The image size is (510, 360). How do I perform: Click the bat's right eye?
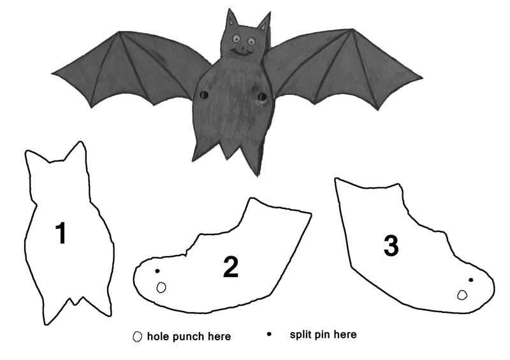251,41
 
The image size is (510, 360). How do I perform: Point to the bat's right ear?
265,22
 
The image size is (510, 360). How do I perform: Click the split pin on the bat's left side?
203,95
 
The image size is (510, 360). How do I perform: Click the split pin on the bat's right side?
262,97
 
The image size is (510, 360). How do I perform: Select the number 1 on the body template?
61,233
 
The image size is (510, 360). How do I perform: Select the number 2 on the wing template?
231,267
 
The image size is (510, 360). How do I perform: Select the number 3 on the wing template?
391,245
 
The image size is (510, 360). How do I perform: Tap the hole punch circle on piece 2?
161,287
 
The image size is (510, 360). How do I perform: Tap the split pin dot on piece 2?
157,271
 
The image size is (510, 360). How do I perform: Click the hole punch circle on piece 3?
462,295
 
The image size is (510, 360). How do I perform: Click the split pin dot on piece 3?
470,280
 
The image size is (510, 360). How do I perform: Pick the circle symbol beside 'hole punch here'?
137,336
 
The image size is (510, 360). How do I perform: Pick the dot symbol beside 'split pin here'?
269,334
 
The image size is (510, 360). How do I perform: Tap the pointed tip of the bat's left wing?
53,74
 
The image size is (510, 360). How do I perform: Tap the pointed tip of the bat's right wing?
422,78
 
